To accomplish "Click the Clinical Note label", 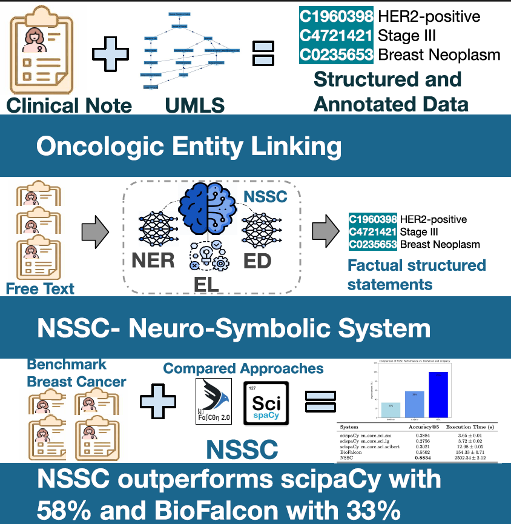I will point(68,105).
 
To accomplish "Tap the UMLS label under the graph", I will point(194,105).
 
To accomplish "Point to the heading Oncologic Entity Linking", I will point(188,147).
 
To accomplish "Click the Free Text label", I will point(40,288).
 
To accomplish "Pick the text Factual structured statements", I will point(417,274).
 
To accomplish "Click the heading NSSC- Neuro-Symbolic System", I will point(233,328).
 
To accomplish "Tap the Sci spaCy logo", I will point(266,403).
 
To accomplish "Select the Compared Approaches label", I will point(243,368).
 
